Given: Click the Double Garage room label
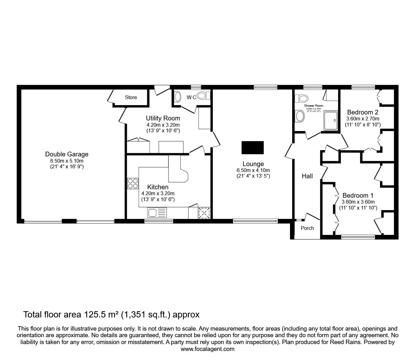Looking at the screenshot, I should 67,154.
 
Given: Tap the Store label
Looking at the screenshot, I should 131,97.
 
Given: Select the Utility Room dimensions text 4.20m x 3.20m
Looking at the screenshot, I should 163,124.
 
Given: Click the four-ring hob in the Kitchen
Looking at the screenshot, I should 133,183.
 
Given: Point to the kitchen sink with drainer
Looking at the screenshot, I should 157,213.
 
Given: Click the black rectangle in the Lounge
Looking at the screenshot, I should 252,148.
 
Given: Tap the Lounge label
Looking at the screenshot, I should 253,164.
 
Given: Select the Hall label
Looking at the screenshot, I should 307,176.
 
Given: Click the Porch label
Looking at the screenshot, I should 307,228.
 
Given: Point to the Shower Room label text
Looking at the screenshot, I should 313,106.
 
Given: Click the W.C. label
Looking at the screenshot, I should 192,98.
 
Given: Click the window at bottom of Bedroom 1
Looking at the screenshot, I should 358,237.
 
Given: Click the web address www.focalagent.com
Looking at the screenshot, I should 207,349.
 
